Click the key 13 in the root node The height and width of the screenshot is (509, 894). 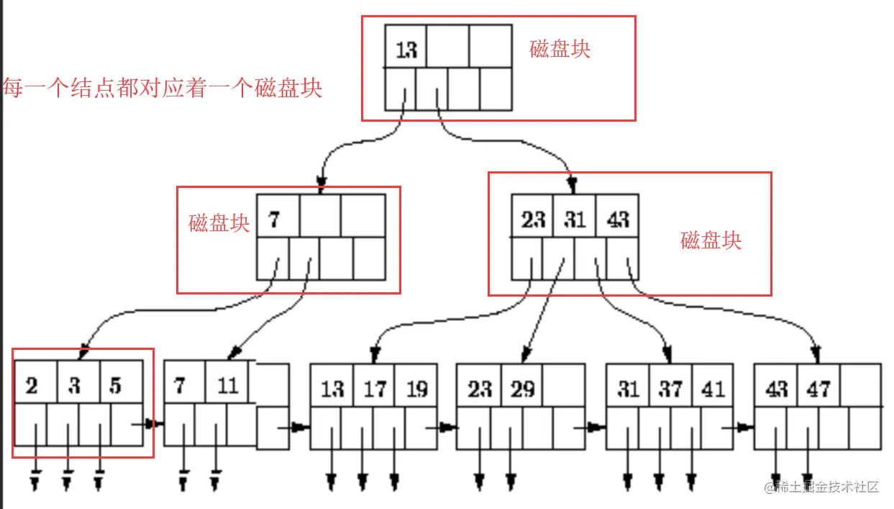point(406,50)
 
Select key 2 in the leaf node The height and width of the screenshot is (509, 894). point(32,386)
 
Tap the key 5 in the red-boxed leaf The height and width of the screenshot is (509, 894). point(115,386)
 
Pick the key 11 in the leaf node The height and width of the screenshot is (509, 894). point(227,386)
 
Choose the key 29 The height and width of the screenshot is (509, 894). point(523,389)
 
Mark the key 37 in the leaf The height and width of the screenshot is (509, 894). point(670,389)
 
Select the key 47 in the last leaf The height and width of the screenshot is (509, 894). point(818,389)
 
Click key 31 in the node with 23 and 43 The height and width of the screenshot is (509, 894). point(575,218)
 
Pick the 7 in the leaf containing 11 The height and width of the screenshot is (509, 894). point(179,386)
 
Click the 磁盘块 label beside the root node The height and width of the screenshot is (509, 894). point(560,49)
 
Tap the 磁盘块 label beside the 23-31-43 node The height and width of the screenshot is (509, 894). point(711,240)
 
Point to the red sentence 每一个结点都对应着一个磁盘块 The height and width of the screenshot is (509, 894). point(163,89)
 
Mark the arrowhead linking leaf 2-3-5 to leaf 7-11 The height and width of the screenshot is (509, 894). point(150,424)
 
